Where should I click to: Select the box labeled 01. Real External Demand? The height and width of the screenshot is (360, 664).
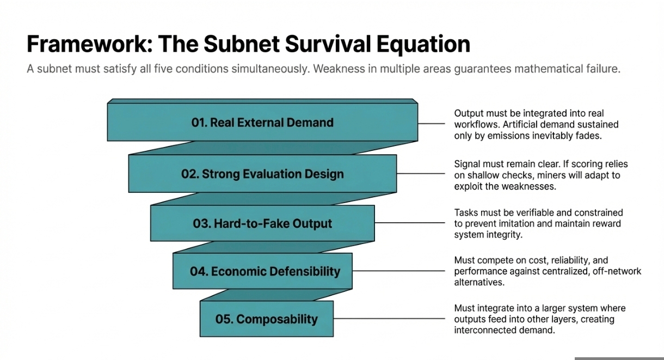(x=262, y=123)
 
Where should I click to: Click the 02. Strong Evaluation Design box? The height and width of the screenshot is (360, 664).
(x=262, y=174)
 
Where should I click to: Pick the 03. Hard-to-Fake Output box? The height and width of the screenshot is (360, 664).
(x=262, y=223)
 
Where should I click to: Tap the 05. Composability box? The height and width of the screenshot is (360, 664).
(x=266, y=319)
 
